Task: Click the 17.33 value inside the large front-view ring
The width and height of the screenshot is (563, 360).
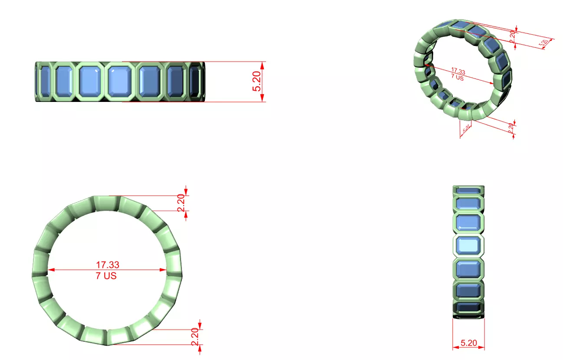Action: (x=107, y=264)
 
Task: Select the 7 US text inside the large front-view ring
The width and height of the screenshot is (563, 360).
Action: (x=106, y=275)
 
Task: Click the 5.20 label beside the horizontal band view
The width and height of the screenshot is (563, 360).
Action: (x=257, y=82)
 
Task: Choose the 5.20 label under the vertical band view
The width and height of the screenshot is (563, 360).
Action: (x=468, y=343)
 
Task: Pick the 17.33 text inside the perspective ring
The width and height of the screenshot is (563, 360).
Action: (x=458, y=71)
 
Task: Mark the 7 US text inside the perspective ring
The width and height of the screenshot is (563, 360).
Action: (x=456, y=78)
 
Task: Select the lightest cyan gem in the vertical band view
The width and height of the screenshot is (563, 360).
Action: (x=468, y=245)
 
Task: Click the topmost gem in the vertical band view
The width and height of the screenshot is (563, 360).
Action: (x=468, y=190)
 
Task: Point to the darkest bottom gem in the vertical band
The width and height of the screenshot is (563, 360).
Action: (x=468, y=308)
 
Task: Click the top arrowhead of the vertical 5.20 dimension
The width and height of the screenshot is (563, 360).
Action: (x=263, y=64)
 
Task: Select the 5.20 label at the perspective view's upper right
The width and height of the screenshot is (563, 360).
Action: (x=543, y=43)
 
